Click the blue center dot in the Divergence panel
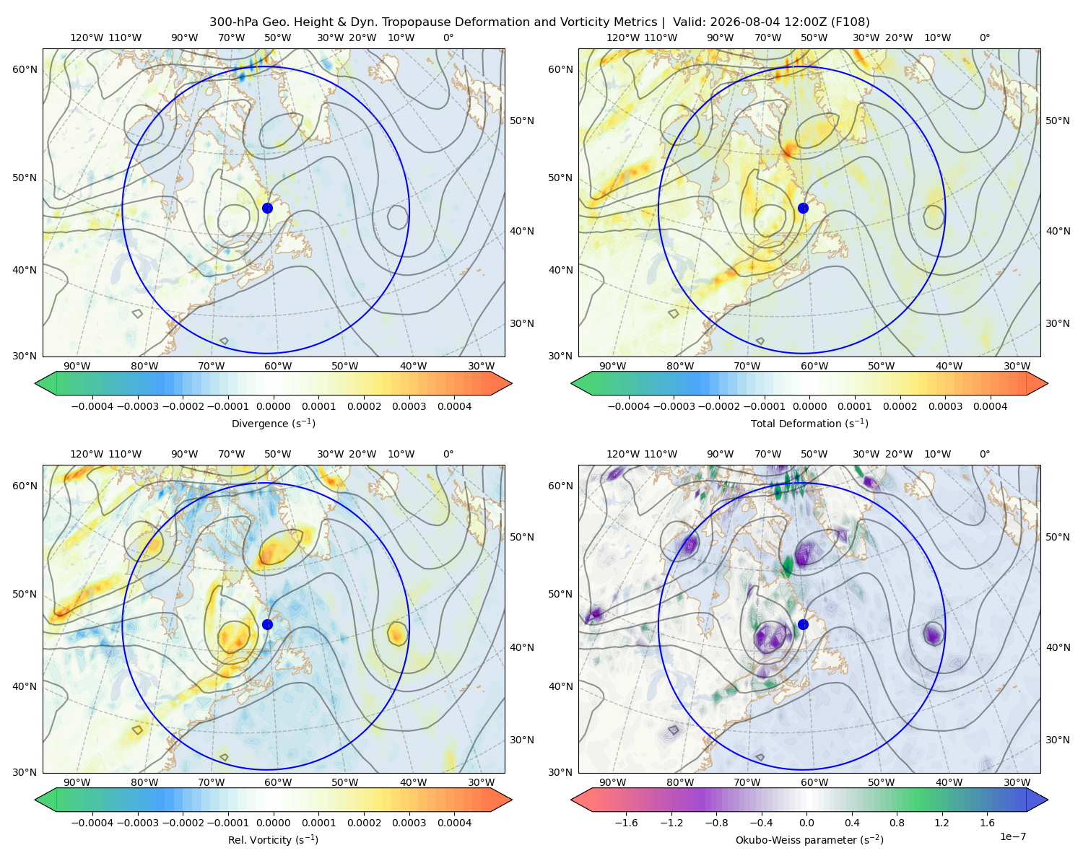267,208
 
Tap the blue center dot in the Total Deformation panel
803,208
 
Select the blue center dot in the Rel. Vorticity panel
267,624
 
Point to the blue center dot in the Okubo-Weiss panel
803,624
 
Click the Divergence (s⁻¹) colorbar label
273,423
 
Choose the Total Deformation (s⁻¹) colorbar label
809,423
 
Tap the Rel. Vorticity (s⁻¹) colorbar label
273,839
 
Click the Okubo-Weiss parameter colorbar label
809,839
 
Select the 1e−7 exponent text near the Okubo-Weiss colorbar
1012,836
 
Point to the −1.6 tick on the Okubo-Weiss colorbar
626,823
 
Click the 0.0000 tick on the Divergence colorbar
273,406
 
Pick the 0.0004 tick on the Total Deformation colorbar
990,406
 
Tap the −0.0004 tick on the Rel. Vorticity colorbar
92,823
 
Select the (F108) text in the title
850,22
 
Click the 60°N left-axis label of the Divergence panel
25,69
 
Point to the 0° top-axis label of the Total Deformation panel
985,38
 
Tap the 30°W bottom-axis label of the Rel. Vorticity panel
482,782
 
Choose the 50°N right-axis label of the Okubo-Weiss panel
1058,537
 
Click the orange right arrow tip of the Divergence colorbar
511,383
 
